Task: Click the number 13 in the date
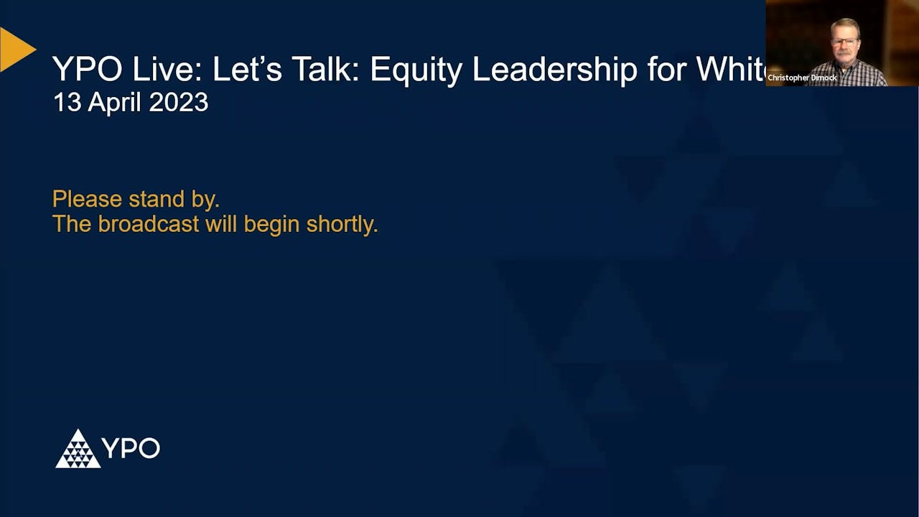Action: coord(67,103)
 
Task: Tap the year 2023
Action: coord(179,103)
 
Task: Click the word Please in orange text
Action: coord(88,199)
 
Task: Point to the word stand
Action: coord(157,199)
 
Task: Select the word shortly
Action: coord(342,225)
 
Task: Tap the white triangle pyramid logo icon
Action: coord(78,450)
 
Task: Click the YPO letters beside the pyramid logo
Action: coord(131,448)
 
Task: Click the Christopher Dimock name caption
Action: coord(802,78)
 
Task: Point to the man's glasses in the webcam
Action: coord(845,42)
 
